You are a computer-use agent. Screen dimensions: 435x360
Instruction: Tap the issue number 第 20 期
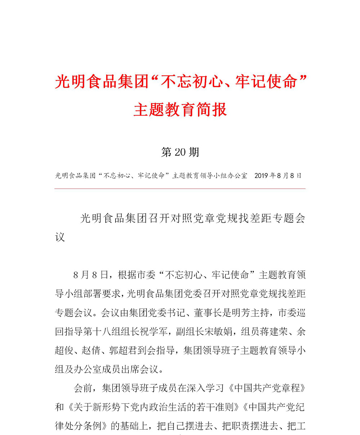[x=180, y=152]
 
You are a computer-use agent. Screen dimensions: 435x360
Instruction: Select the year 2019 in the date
[x=261, y=176]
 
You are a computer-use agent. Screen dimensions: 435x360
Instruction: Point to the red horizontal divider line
[x=180, y=188]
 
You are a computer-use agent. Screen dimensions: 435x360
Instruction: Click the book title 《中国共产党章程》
[x=267, y=389]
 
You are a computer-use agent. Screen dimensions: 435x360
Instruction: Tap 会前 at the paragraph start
[x=83, y=389]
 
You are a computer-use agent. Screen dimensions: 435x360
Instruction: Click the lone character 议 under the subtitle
[x=60, y=238]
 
